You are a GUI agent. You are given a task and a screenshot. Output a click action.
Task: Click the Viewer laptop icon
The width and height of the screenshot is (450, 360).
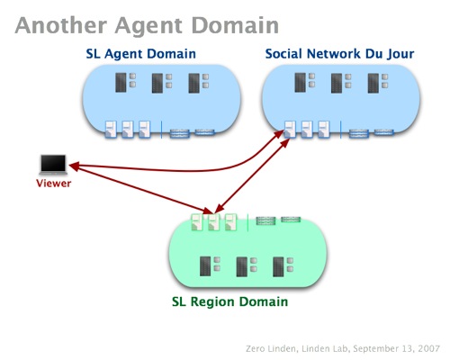(x=53, y=165)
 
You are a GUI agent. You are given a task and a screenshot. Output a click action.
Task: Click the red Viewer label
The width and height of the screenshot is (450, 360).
(x=54, y=184)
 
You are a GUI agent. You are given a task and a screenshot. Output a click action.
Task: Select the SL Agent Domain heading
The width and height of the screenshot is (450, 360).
(x=140, y=54)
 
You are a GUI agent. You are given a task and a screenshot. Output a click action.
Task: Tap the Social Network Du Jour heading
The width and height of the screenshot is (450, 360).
(x=339, y=54)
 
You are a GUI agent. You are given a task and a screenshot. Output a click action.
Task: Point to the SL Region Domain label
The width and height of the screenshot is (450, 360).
(x=229, y=301)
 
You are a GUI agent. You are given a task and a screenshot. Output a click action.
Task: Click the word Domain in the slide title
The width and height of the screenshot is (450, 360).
(x=235, y=25)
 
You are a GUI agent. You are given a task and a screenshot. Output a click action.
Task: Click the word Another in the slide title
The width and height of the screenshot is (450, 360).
(x=61, y=25)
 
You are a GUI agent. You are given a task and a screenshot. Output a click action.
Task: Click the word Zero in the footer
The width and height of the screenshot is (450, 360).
(x=256, y=349)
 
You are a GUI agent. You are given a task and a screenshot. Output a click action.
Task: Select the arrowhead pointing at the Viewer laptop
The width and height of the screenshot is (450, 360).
(x=75, y=166)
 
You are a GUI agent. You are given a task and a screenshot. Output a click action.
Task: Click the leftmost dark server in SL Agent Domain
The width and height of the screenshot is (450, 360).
(x=121, y=82)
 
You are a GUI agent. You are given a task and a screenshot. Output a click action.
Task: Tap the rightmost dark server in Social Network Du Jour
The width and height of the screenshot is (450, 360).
(x=373, y=83)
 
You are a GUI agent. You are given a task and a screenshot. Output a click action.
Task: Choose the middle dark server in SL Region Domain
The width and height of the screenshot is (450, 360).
(x=241, y=266)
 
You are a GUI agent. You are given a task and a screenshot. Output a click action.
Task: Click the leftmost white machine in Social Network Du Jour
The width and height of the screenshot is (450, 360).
(x=290, y=129)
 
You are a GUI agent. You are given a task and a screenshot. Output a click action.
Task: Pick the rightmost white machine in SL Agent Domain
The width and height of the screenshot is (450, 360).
(x=145, y=130)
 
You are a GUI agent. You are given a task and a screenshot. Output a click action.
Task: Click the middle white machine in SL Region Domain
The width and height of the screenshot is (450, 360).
(x=213, y=222)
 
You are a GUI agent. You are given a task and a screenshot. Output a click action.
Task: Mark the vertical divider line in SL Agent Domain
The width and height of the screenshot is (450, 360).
(x=162, y=130)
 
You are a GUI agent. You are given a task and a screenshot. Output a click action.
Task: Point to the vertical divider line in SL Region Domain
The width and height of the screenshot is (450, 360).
(x=247, y=222)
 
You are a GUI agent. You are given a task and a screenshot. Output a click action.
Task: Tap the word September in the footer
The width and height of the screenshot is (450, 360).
(x=372, y=349)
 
